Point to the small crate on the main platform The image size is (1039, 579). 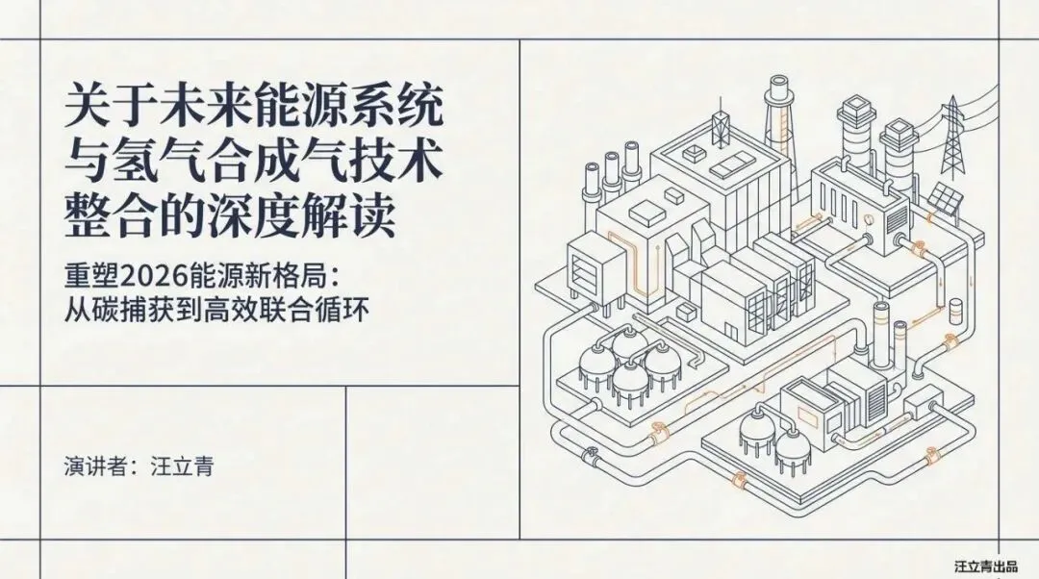click(x=686, y=313)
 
